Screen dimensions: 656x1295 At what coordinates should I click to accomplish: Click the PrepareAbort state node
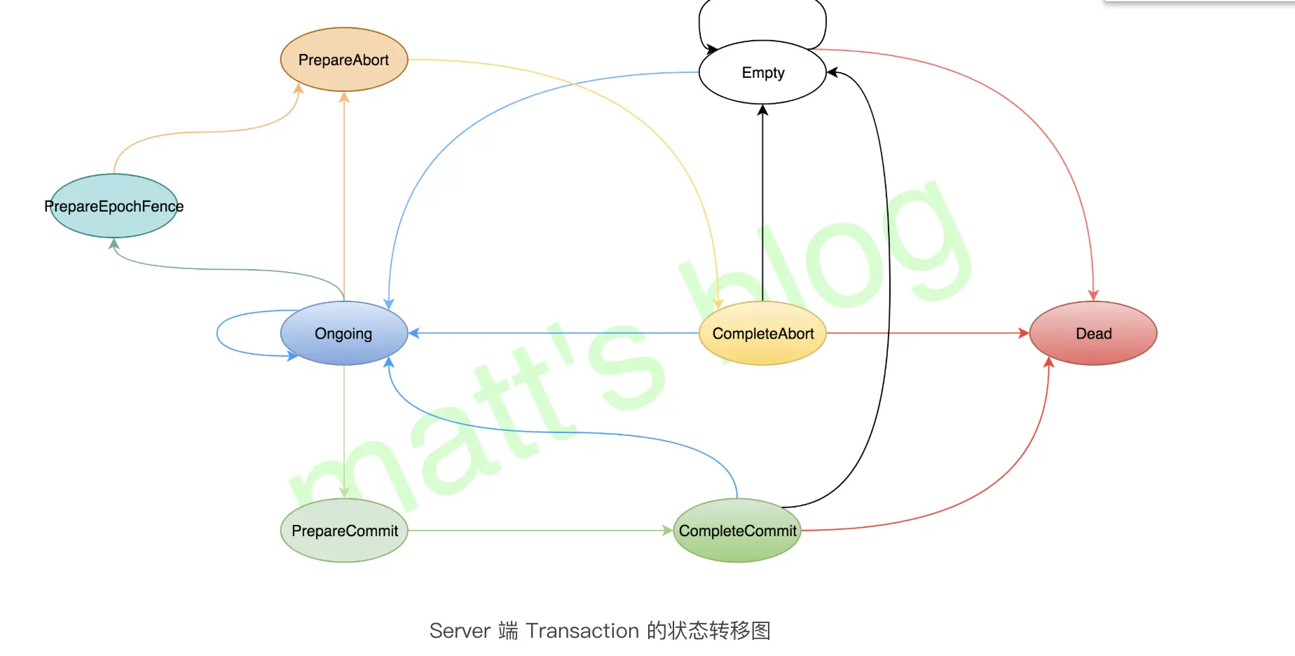coord(343,60)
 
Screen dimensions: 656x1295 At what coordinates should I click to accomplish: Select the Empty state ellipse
coord(762,72)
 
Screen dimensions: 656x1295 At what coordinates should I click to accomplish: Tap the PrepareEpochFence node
coord(114,206)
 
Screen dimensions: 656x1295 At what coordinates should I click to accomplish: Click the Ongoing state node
coord(343,333)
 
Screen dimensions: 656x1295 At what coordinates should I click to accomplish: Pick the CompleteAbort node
coord(762,333)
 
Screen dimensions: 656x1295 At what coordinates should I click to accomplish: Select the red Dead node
coord(1093,333)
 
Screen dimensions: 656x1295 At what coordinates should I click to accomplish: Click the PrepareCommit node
coord(344,531)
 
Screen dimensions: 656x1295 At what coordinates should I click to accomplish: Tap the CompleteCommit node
coord(737,531)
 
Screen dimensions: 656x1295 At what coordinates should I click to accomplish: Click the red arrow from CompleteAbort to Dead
coord(925,333)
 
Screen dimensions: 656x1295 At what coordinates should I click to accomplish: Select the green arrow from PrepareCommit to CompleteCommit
coord(540,531)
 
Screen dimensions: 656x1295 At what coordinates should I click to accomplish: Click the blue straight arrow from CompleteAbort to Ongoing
coord(554,333)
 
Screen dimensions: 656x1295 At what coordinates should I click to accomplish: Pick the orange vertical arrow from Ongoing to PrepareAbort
coord(344,196)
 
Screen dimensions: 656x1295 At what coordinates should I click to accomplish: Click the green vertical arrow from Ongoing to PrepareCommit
coord(344,428)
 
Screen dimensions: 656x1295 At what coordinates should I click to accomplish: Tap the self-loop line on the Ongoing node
coord(218,334)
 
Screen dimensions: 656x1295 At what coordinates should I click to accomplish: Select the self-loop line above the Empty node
coord(762,1)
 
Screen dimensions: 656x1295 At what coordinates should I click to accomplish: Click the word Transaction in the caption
coord(582,631)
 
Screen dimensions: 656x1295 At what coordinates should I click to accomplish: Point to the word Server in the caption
coord(459,631)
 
